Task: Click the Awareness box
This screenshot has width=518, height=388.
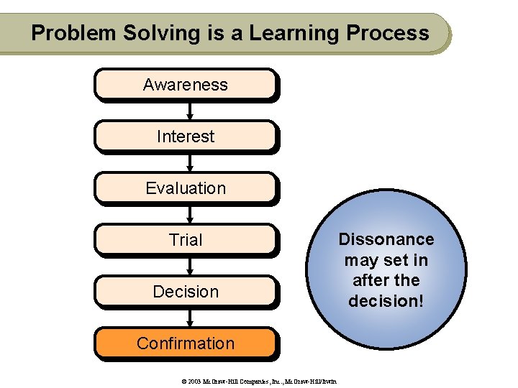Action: pyautogui.click(x=185, y=85)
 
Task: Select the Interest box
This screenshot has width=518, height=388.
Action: pyautogui.click(x=185, y=137)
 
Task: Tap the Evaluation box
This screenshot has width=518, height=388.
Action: pyautogui.click(x=185, y=188)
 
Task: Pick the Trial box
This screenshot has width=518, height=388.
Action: pyautogui.click(x=185, y=240)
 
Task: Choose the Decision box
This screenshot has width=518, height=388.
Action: pyautogui.click(x=185, y=292)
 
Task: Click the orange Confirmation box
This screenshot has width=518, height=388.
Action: pyautogui.click(x=185, y=343)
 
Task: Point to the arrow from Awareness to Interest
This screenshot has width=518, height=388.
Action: pyautogui.click(x=189, y=111)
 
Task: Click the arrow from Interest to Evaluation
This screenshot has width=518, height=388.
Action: pyautogui.click(x=189, y=162)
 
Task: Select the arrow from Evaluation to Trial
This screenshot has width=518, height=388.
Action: pyautogui.click(x=189, y=214)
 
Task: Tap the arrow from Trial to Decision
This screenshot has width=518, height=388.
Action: pyautogui.click(x=189, y=266)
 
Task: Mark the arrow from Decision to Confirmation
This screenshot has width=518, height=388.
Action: pyautogui.click(x=189, y=318)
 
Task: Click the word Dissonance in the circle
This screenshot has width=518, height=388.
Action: pyautogui.click(x=386, y=239)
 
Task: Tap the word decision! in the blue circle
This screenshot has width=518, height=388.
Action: pyautogui.click(x=386, y=301)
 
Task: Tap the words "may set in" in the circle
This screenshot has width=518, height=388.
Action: pyautogui.click(x=386, y=260)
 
